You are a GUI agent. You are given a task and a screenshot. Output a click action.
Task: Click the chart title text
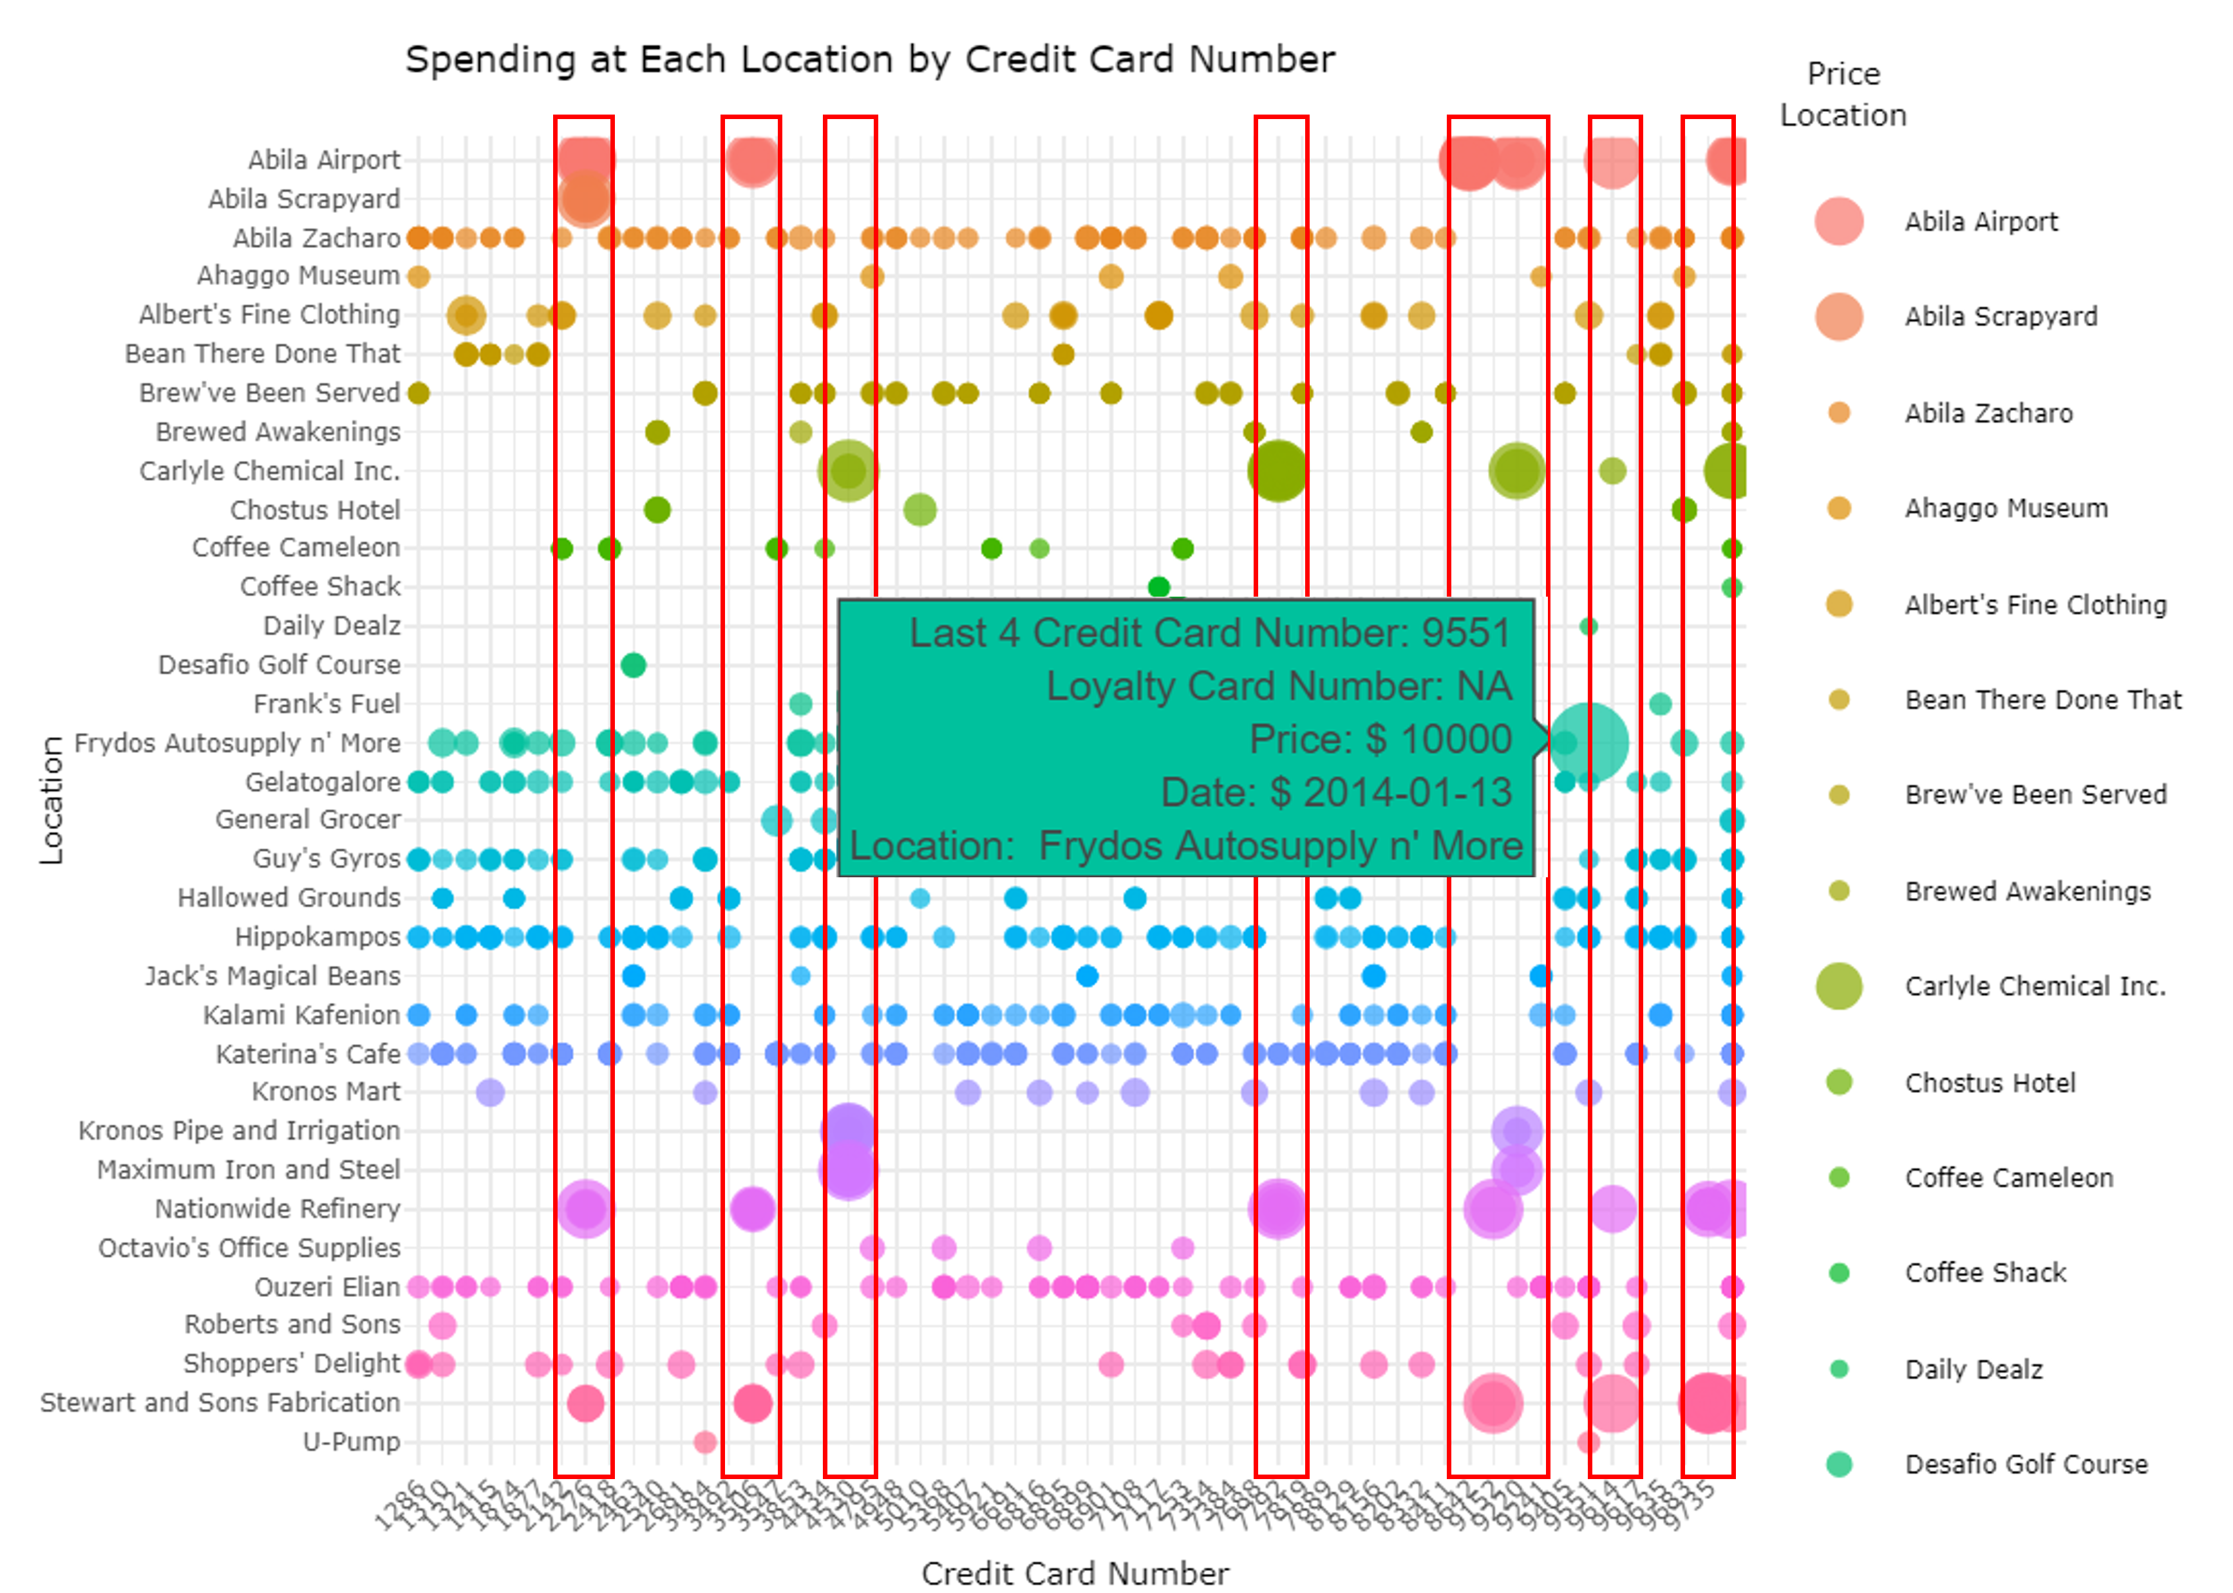point(869,60)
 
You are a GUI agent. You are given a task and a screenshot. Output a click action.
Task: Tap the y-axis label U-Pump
point(351,1442)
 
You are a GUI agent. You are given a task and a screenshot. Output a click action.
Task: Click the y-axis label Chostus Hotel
point(315,510)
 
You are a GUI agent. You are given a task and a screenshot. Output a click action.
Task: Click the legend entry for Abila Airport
point(1981,221)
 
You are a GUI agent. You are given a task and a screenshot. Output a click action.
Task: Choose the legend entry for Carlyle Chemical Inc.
point(2035,986)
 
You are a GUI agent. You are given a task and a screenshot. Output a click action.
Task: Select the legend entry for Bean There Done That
point(2042,700)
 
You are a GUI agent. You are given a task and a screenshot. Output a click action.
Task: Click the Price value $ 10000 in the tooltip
point(1379,740)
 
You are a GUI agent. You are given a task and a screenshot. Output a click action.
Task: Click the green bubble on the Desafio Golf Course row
point(633,665)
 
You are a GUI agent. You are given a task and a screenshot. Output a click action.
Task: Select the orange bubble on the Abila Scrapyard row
point(584,199)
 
